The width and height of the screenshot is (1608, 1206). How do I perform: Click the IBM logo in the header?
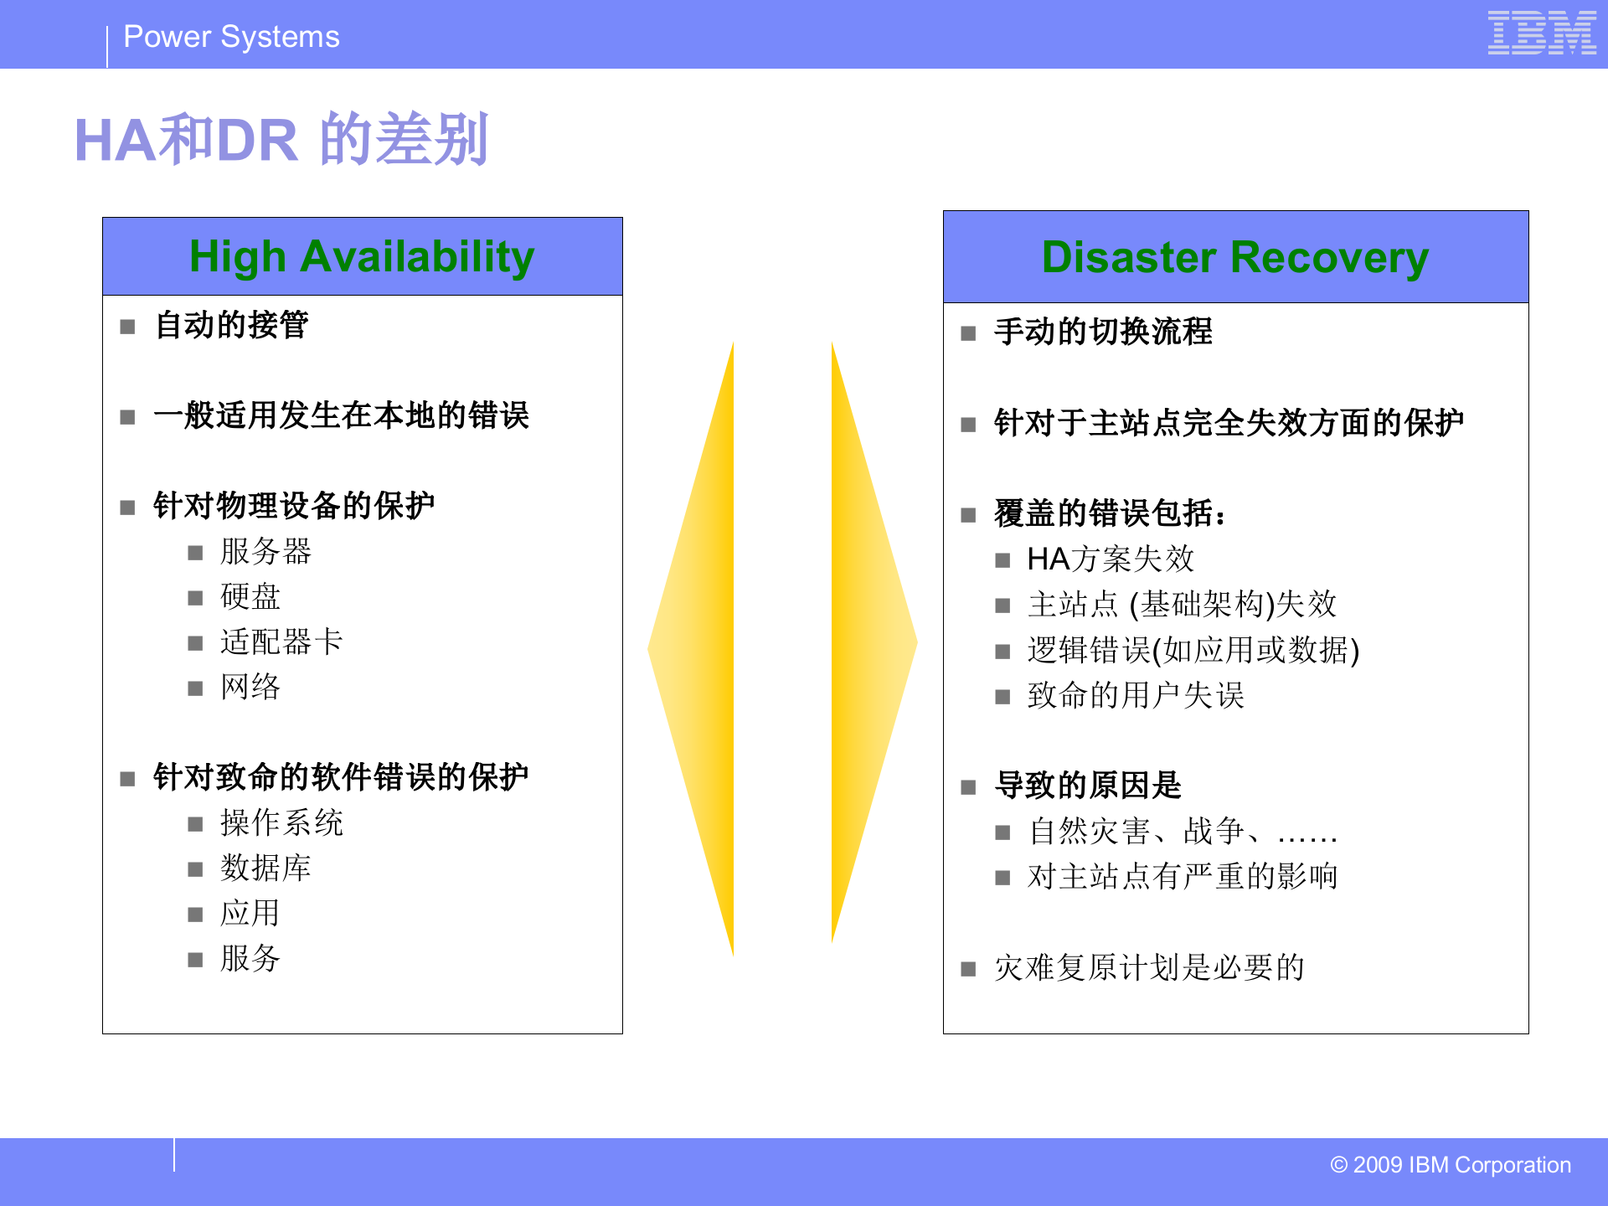1541,33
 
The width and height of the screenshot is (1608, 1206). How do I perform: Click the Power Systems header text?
231,37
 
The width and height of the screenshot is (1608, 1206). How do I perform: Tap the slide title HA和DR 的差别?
281,139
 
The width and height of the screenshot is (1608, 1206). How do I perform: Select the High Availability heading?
362,256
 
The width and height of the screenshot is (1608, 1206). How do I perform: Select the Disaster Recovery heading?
1235,257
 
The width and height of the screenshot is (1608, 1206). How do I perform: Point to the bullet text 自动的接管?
231,325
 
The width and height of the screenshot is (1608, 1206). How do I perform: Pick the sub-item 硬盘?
250,597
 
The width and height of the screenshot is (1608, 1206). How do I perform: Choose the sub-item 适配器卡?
281,642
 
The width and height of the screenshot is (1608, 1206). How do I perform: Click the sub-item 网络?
250,688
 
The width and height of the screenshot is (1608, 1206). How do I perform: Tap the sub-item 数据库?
265,868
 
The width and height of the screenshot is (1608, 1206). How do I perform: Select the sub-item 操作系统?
281,823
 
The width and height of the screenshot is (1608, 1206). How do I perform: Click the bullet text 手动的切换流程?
1103,332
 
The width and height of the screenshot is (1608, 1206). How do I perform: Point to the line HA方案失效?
1110,559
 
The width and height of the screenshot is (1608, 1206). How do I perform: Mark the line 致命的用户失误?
1135,696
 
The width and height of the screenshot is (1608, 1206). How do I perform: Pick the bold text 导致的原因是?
1087,786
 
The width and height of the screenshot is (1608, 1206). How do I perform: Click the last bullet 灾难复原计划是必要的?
1149,968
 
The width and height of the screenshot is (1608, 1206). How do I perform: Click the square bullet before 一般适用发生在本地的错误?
127,417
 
